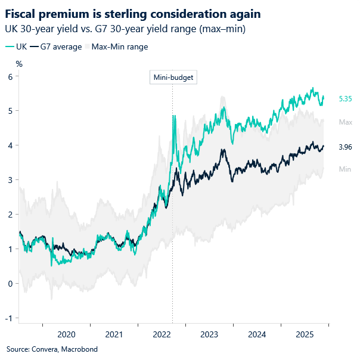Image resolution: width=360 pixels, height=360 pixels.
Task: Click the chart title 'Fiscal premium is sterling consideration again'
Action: [133, 13]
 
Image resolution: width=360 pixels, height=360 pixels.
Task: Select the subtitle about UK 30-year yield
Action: [126, 29]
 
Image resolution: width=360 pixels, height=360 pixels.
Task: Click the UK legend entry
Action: [18, 46]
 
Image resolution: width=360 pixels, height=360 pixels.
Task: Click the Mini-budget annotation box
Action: [172, 77]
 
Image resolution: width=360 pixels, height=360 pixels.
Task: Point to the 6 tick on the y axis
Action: [10, 76]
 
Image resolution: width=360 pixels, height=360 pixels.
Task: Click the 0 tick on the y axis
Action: [10, 284]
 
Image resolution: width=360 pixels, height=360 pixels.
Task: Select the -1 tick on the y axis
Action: [9, 318]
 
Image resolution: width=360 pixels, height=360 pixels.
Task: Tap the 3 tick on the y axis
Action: [10, 180]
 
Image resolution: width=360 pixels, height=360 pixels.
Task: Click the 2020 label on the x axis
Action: [66, 334]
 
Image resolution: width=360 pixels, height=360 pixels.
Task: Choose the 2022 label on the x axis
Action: [162, 334]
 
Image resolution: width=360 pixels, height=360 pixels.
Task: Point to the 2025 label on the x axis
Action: [305, 334]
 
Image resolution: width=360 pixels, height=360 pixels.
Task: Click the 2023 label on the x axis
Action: [209, 334]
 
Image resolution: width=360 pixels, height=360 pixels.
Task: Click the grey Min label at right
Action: [345, 169]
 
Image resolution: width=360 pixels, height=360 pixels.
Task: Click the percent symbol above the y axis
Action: [19, 64]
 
